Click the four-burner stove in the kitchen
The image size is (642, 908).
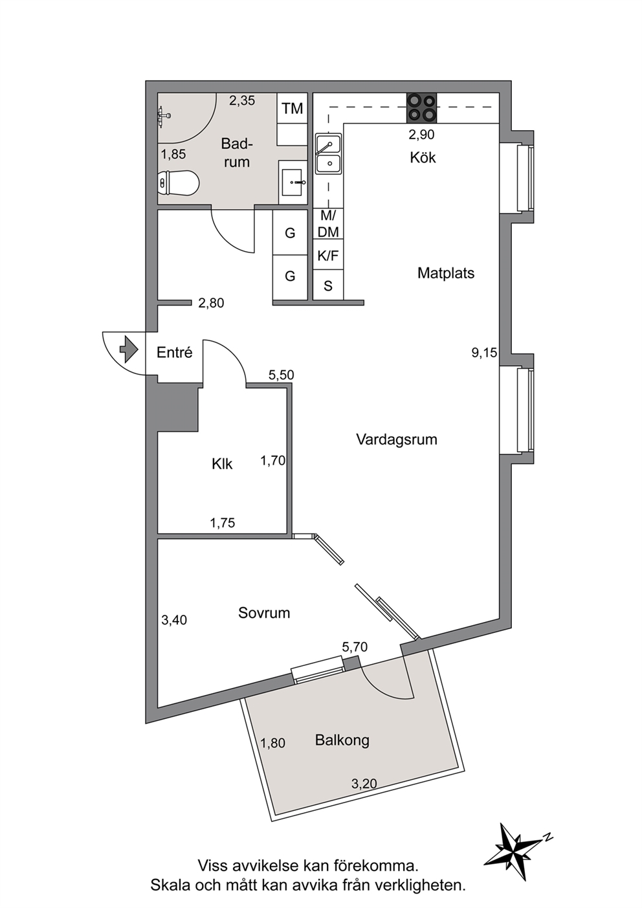click(421, 108)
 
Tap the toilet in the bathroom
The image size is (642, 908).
click(179, 184)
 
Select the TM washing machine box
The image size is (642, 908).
click(293, 108)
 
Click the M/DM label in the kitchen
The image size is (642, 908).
click(328, 224)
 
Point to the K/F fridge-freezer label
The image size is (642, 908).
click(328, 256)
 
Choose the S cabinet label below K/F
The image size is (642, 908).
click(328, 286)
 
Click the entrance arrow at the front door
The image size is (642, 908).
click(129, 349)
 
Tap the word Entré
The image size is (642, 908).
click(174, 352)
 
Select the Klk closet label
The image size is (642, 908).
click(222, 464)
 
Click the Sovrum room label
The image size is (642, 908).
click(264, 612)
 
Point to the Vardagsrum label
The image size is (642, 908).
click(397, 440)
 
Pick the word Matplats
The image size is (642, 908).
click(446, 273)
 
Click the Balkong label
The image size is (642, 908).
click(342, 740)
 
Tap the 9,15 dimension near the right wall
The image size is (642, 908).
click(484, 353)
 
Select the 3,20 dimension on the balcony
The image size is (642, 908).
click(364, 784)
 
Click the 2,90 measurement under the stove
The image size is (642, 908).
click(421, 135)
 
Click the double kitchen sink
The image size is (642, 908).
click(329, 155)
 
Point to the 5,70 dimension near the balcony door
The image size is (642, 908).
click(355, 647)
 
